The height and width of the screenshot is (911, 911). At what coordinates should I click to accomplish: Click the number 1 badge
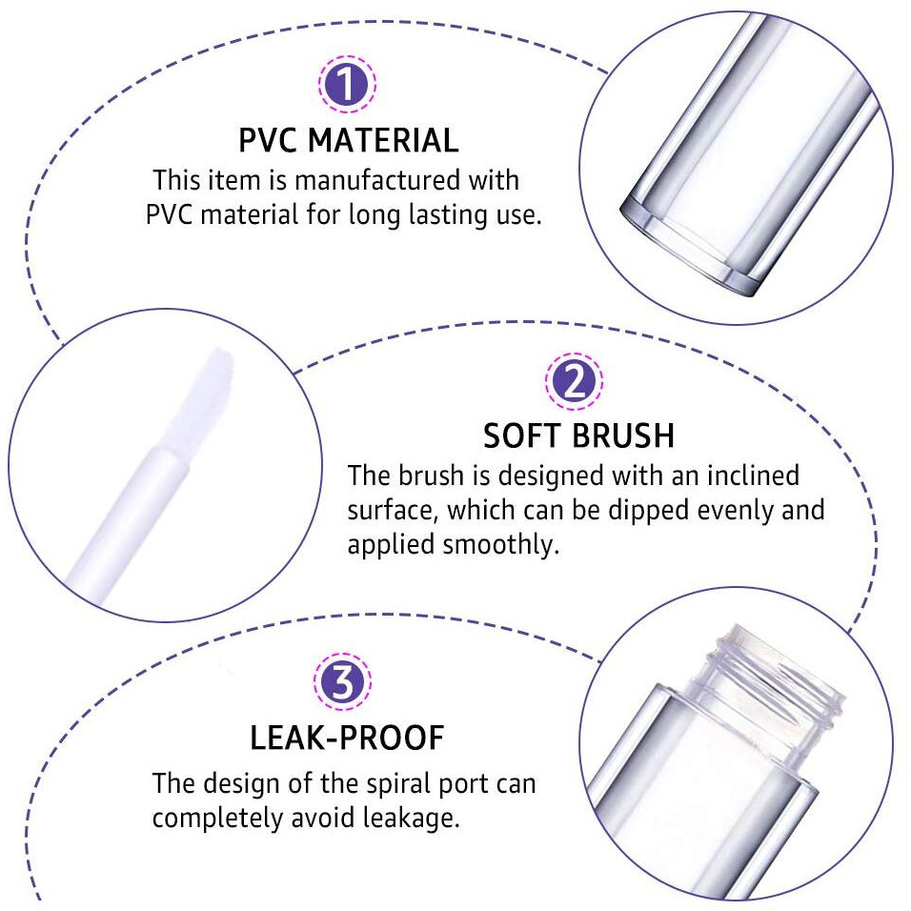(x=348, y=86)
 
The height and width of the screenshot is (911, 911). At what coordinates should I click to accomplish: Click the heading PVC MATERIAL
(x=348, y=141)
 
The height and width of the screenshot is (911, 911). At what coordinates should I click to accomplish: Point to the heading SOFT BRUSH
(x=578, y=436)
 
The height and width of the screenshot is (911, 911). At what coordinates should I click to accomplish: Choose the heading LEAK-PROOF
(x=347, y=738)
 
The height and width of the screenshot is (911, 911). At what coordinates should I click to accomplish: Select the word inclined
(x=741, y=475)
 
